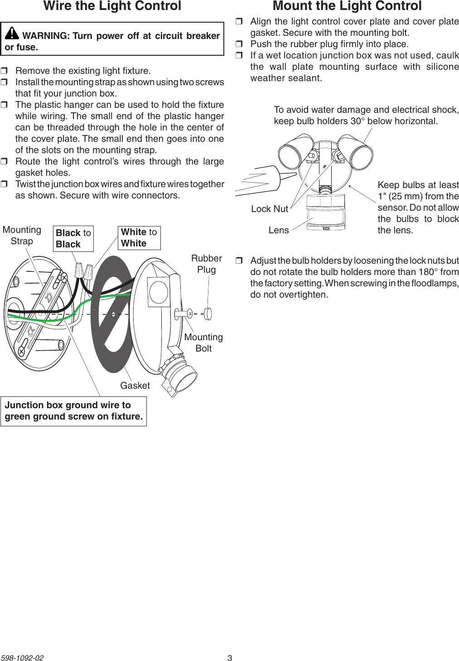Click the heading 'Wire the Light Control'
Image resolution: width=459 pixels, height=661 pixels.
[112, 6]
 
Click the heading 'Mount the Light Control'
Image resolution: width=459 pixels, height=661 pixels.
[347, 6]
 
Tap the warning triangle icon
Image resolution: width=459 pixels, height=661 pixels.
[12, 33]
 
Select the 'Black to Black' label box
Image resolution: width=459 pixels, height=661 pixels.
[73, 239]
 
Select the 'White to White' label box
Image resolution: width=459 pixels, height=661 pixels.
[139, 238]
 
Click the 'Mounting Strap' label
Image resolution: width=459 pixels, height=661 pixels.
[22, 236]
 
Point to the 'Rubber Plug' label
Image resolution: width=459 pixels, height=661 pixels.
[206, 264]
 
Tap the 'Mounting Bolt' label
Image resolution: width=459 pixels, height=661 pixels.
[203, 343]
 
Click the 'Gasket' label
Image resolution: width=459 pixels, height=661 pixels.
[135, 386]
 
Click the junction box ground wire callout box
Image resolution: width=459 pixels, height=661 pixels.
[73, 411]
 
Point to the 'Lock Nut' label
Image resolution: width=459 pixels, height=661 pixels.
[270, 209]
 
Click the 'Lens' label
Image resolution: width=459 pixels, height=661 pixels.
[278, 230]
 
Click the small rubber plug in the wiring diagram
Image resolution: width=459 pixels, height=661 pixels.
[208, 314]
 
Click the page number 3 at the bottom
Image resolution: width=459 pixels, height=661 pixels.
[230, 658]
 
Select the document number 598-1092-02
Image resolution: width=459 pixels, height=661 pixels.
[22, 658]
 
